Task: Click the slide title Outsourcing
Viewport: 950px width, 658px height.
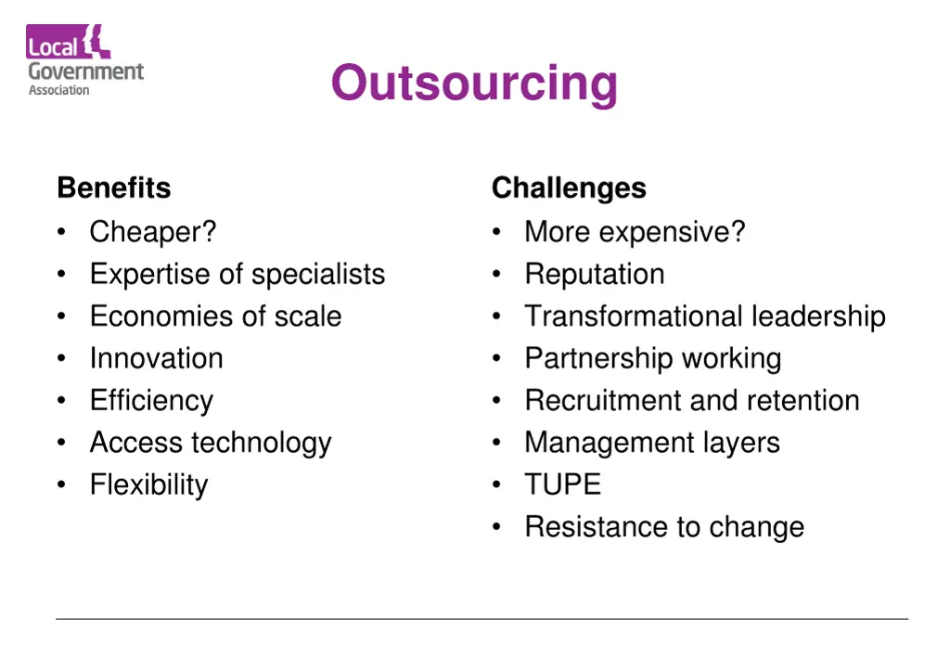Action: pyautogui.click(x=474, y=83)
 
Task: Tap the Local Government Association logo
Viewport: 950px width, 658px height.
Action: pyautogui.click(x=85, y=60)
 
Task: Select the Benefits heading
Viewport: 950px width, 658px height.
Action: pyautogui.click(x=114, y=187)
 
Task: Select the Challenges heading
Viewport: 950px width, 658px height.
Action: pyautogui.click(x=569, y=187)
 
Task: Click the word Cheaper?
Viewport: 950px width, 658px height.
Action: pyautogui.click(x=153, y=231)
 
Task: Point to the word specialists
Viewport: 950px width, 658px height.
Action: pyautogui.click(x=318, y=275)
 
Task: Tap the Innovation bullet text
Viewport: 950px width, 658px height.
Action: pyautogui.click(x=156, y=358)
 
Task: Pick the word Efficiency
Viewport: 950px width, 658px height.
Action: pyautogui.click(x=151, y=401)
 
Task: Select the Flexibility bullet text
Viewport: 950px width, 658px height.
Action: pyautogui.click(x=148, y=484)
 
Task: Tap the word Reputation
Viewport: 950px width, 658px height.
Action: pyautogui.click(x=595, y=275)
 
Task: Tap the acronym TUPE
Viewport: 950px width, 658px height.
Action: pyautogui.click(x=562, y=484)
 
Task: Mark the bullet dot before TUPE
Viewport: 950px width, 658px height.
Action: pyautogui.click(x=498, y=485)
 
